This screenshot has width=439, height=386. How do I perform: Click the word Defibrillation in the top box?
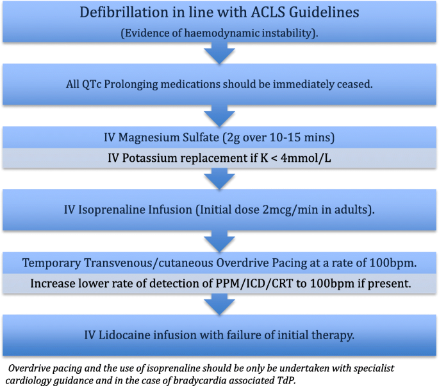tap(113, 13)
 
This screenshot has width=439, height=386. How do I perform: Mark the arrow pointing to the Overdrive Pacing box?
tap(219, 240)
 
